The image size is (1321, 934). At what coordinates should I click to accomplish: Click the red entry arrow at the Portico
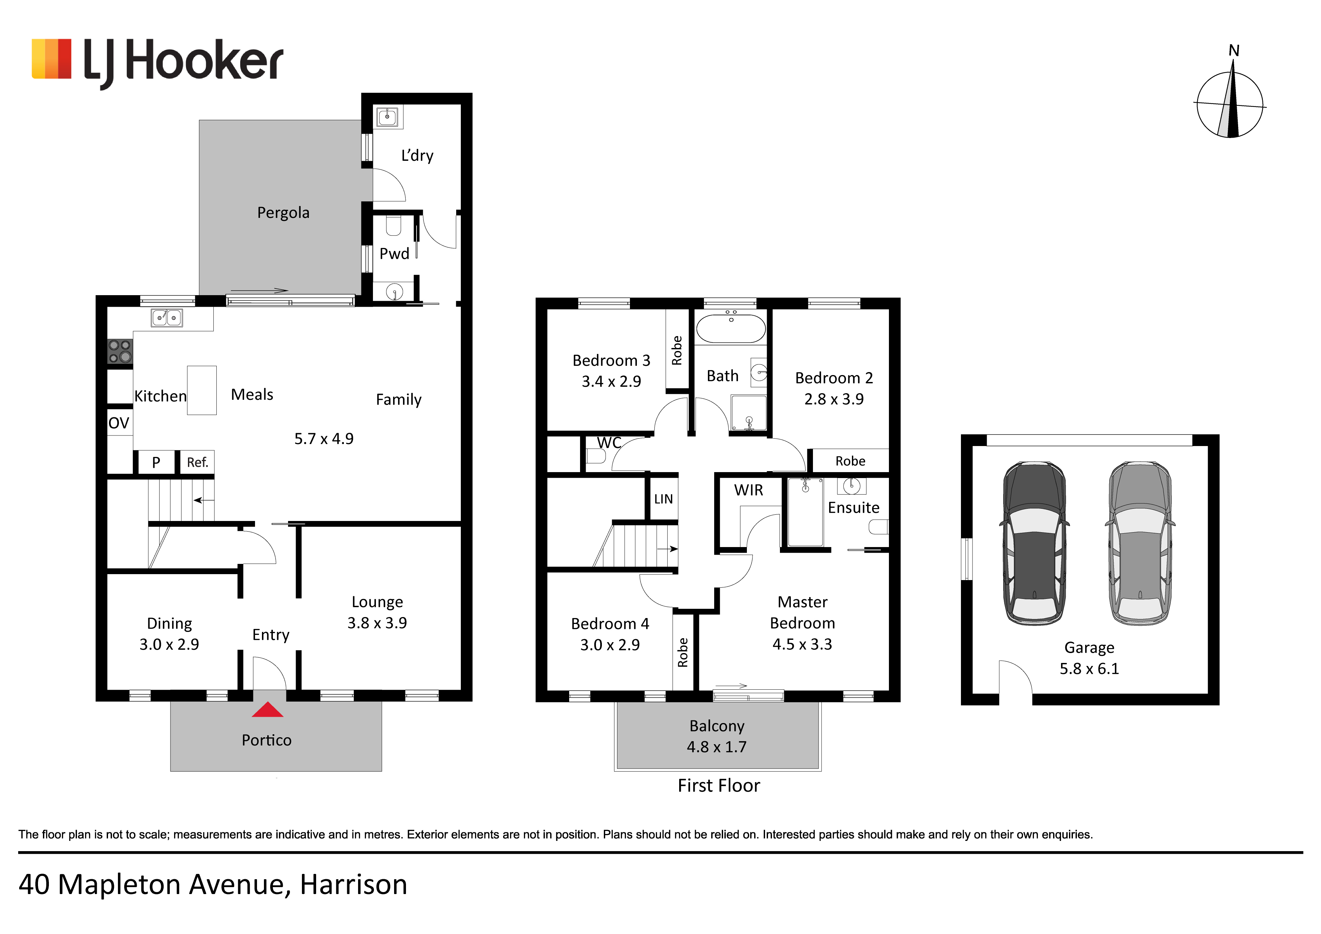[x=268, y=710]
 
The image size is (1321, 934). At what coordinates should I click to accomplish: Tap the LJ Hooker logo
[x=157, y=62]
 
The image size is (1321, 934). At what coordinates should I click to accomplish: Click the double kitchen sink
[x=167, y=318]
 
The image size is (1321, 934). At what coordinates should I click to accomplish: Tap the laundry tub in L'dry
[x=387, y=117]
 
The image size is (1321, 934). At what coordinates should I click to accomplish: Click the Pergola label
[x=283, y=213]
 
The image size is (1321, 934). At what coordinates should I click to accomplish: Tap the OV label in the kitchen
[x=119, y=423]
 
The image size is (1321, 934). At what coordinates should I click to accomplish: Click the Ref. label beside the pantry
[x=197, y=463]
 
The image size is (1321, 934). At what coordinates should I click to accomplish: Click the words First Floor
[x=718, y=786]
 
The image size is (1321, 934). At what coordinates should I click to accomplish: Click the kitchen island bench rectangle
[x=202, y=391]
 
